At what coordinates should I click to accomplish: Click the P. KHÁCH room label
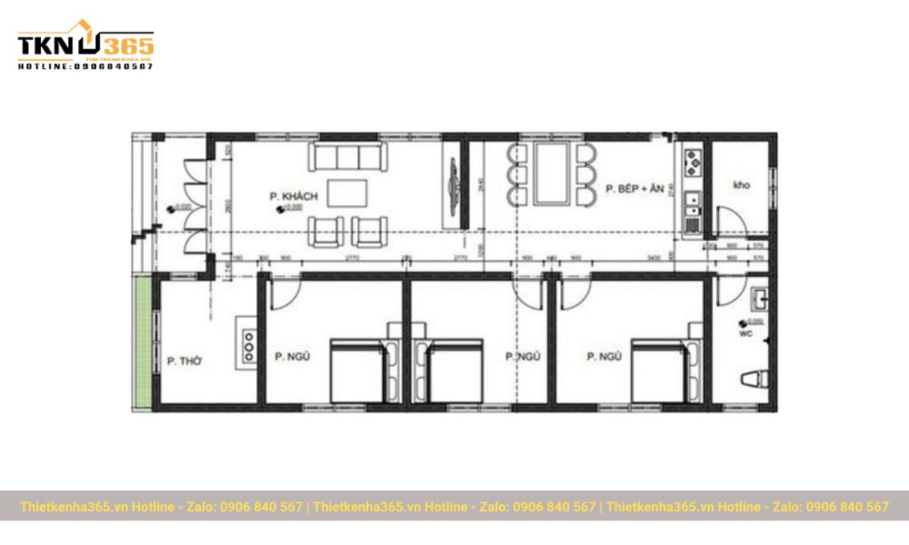click(293, 198)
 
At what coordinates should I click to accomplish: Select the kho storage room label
click(742, 185)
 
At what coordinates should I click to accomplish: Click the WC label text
click(745, 332)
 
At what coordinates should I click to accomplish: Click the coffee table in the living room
click(347, 192)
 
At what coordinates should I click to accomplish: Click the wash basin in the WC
click(758, 298)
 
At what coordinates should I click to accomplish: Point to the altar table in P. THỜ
click(247, 344)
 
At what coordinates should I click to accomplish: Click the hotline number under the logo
click(86, 67)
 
